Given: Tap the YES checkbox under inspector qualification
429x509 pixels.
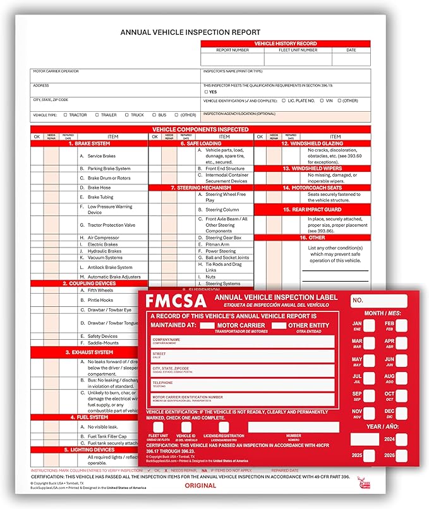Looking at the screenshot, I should pyautogui.click(x=206, y=92).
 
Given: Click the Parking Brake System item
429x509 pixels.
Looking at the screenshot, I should pyautogui.click(x=109, y=169).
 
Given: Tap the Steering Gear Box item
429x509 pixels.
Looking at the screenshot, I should pyautogui.click(x=223, y=237).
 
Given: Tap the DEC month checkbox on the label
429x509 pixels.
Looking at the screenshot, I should pyautogui.click(x=401, y=415).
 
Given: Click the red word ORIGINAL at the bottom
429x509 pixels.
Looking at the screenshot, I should pyautogui.click(x=200, y=485).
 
